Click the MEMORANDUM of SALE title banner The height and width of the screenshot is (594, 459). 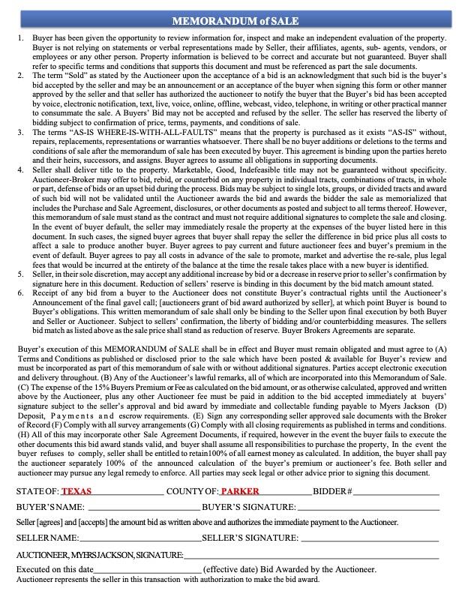pyautogui.click(x=229, y=19)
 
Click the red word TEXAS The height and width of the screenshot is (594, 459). pyautogui.click(x=76, y=491)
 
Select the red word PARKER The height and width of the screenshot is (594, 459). pyautogui.click(x=239, y=491)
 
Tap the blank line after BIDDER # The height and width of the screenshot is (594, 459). pyautogui.click(x=396, y=492)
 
